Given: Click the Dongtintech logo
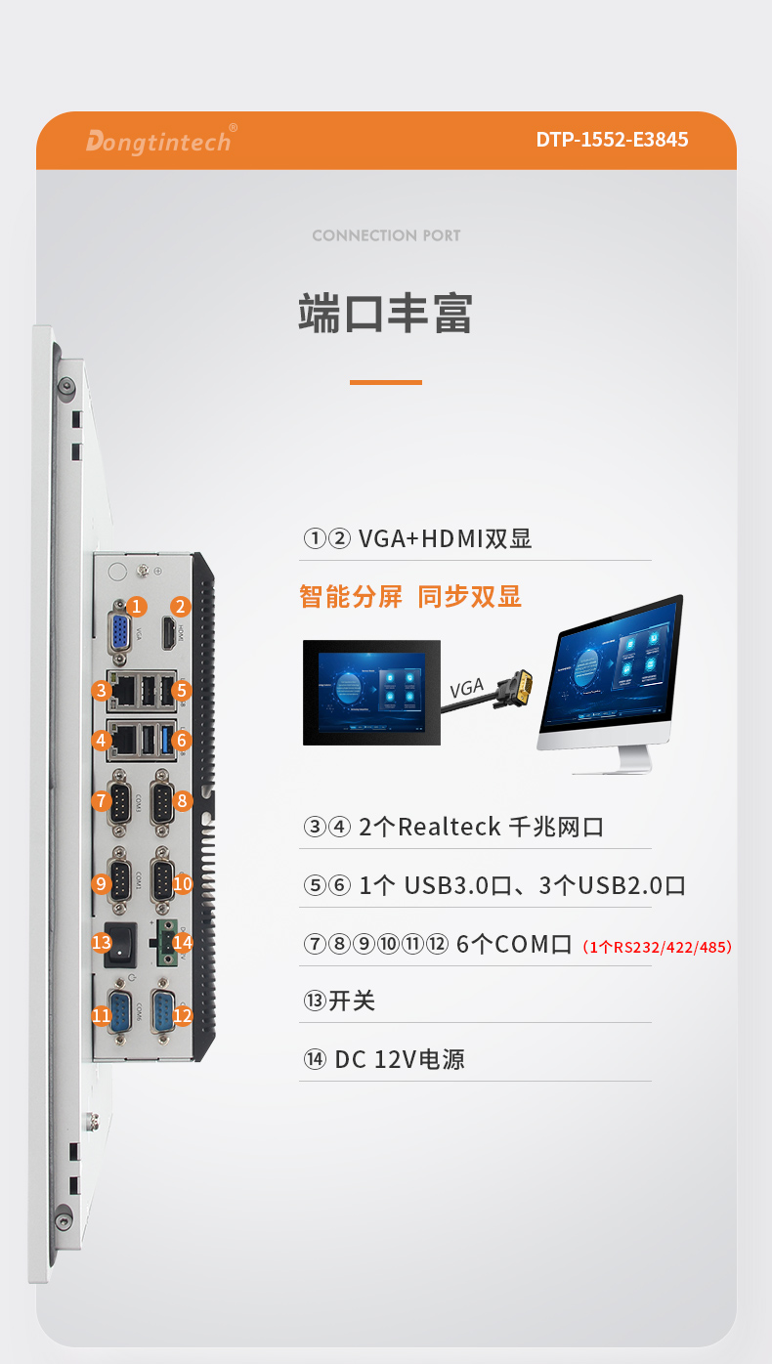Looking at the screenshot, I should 158,141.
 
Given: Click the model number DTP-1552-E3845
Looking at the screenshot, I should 611,140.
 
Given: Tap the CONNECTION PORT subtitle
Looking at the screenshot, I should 386,235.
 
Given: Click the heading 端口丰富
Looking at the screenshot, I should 386,314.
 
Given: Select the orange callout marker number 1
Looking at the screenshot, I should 137,607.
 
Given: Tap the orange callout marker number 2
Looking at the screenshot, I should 180,607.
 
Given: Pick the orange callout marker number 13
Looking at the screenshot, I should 101,942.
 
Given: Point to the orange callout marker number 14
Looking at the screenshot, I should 182,942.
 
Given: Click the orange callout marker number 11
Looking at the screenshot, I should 101,1016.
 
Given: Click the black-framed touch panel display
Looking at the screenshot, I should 371,692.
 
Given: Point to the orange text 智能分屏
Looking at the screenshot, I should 351,597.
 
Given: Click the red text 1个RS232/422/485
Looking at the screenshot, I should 656,946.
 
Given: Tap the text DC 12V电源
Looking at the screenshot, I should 399,1059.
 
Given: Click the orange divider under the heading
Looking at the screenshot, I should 386,382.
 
